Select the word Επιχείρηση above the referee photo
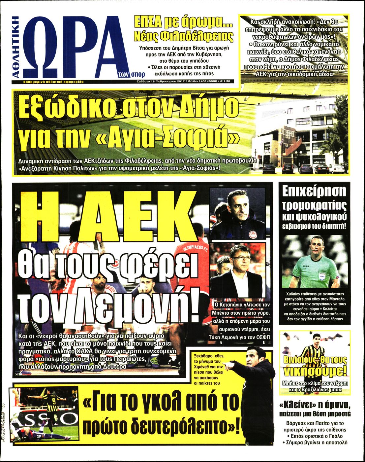pos(314,192)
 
